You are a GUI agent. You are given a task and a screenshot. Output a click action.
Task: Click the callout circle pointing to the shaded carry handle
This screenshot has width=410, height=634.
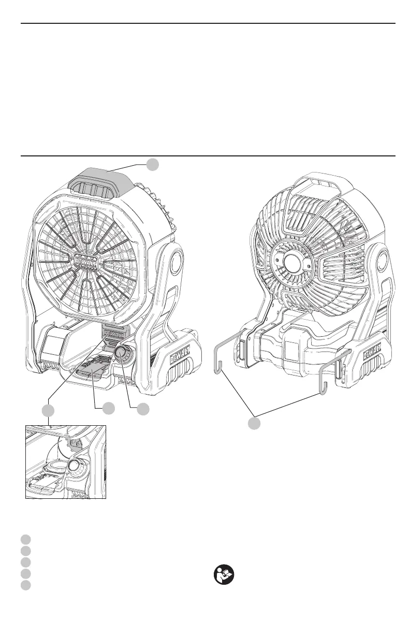(152, 165)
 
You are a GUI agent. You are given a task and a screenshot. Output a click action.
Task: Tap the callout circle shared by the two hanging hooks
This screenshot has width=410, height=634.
(253, 423)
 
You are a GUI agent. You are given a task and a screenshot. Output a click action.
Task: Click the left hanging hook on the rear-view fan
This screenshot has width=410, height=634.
(222, 357)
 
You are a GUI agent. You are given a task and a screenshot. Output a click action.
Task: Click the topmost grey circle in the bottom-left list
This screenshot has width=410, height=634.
(26, 539)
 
